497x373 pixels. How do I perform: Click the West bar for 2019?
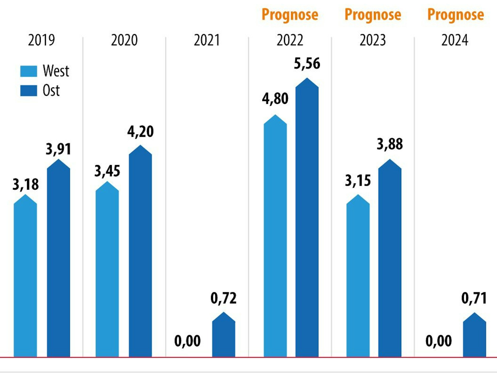pos(25,278)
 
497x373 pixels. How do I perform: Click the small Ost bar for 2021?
pos(224,336)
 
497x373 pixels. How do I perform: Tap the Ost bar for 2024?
pos(474,336)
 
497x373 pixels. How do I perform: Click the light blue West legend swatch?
pos(29,71)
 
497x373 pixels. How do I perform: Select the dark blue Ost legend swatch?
pos(29,90)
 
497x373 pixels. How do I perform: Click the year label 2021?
pos(207,40)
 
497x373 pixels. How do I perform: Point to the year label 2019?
pos(41,40)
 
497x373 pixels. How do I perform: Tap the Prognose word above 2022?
pos(290,15)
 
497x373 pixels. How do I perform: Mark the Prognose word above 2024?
pos(455,15)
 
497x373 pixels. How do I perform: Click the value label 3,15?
pos(358,181)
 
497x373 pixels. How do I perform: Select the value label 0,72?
pos(223,298)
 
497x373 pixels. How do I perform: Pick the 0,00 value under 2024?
pos(439,341)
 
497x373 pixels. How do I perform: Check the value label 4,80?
pos(275,99)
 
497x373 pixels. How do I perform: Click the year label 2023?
pos(372,40)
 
